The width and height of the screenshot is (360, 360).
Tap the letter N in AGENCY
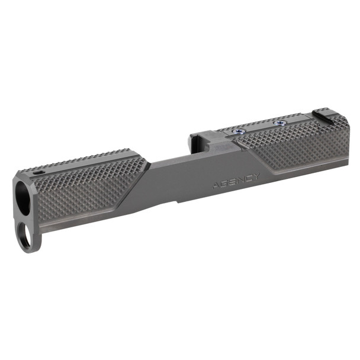241,179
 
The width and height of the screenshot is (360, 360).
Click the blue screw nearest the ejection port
239,131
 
